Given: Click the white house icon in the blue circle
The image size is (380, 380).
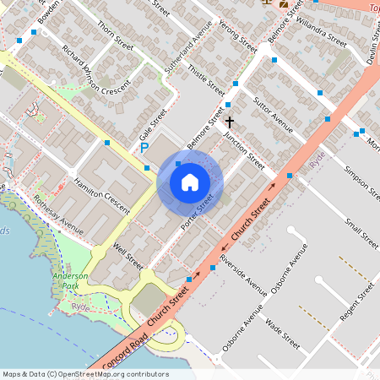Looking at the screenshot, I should tap(190, 182).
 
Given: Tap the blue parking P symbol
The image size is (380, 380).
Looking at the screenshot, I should tap(144, 148).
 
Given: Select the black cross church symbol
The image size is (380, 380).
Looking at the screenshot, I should tap(229, 122).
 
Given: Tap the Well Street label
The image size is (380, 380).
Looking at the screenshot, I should tap(128, 254).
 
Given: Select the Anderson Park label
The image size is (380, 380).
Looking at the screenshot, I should tap(70, 281).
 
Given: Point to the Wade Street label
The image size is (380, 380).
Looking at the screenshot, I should tap(283, 334).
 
